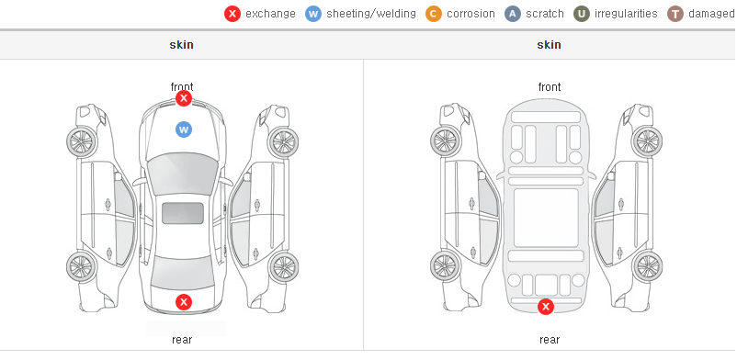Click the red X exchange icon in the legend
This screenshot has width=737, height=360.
coord(232,14)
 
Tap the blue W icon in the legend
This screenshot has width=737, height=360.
coord(313,14)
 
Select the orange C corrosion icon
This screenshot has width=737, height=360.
coord(434,14)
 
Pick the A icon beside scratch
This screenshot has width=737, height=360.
coord(513,14)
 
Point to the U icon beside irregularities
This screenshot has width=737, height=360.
coord(582,14)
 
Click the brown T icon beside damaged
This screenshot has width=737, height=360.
coord(675,14)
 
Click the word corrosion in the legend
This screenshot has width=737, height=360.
coord(471,14)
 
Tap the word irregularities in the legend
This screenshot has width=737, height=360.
coord(626,14)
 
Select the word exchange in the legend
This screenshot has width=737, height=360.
coord(270,14)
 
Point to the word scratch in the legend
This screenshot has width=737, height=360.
coord(544,14)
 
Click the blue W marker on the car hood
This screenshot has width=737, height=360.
coord(184,129)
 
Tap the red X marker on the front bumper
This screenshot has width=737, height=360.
coord(184,98)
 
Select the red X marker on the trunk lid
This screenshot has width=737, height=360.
coord(184,302)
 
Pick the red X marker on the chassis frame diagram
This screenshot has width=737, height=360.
coord(546,307)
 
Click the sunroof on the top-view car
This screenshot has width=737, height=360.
coord(183,213)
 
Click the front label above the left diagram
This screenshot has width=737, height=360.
coord(182,86)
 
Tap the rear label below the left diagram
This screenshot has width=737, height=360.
coord(182,340)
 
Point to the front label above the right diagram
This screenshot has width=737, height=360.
coord(550,87)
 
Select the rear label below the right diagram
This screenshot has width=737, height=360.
coord(550,340)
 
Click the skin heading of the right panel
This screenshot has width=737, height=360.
coord(549,45)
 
